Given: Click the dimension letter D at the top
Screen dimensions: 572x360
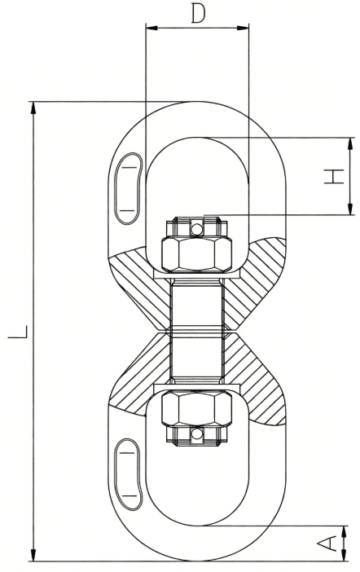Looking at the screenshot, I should point(197,13).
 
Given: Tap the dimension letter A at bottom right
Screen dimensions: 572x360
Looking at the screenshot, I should point(330,543).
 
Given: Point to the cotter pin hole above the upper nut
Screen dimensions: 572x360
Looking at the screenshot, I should point(195,229).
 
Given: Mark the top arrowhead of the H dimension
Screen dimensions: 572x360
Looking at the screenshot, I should point(350,144).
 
